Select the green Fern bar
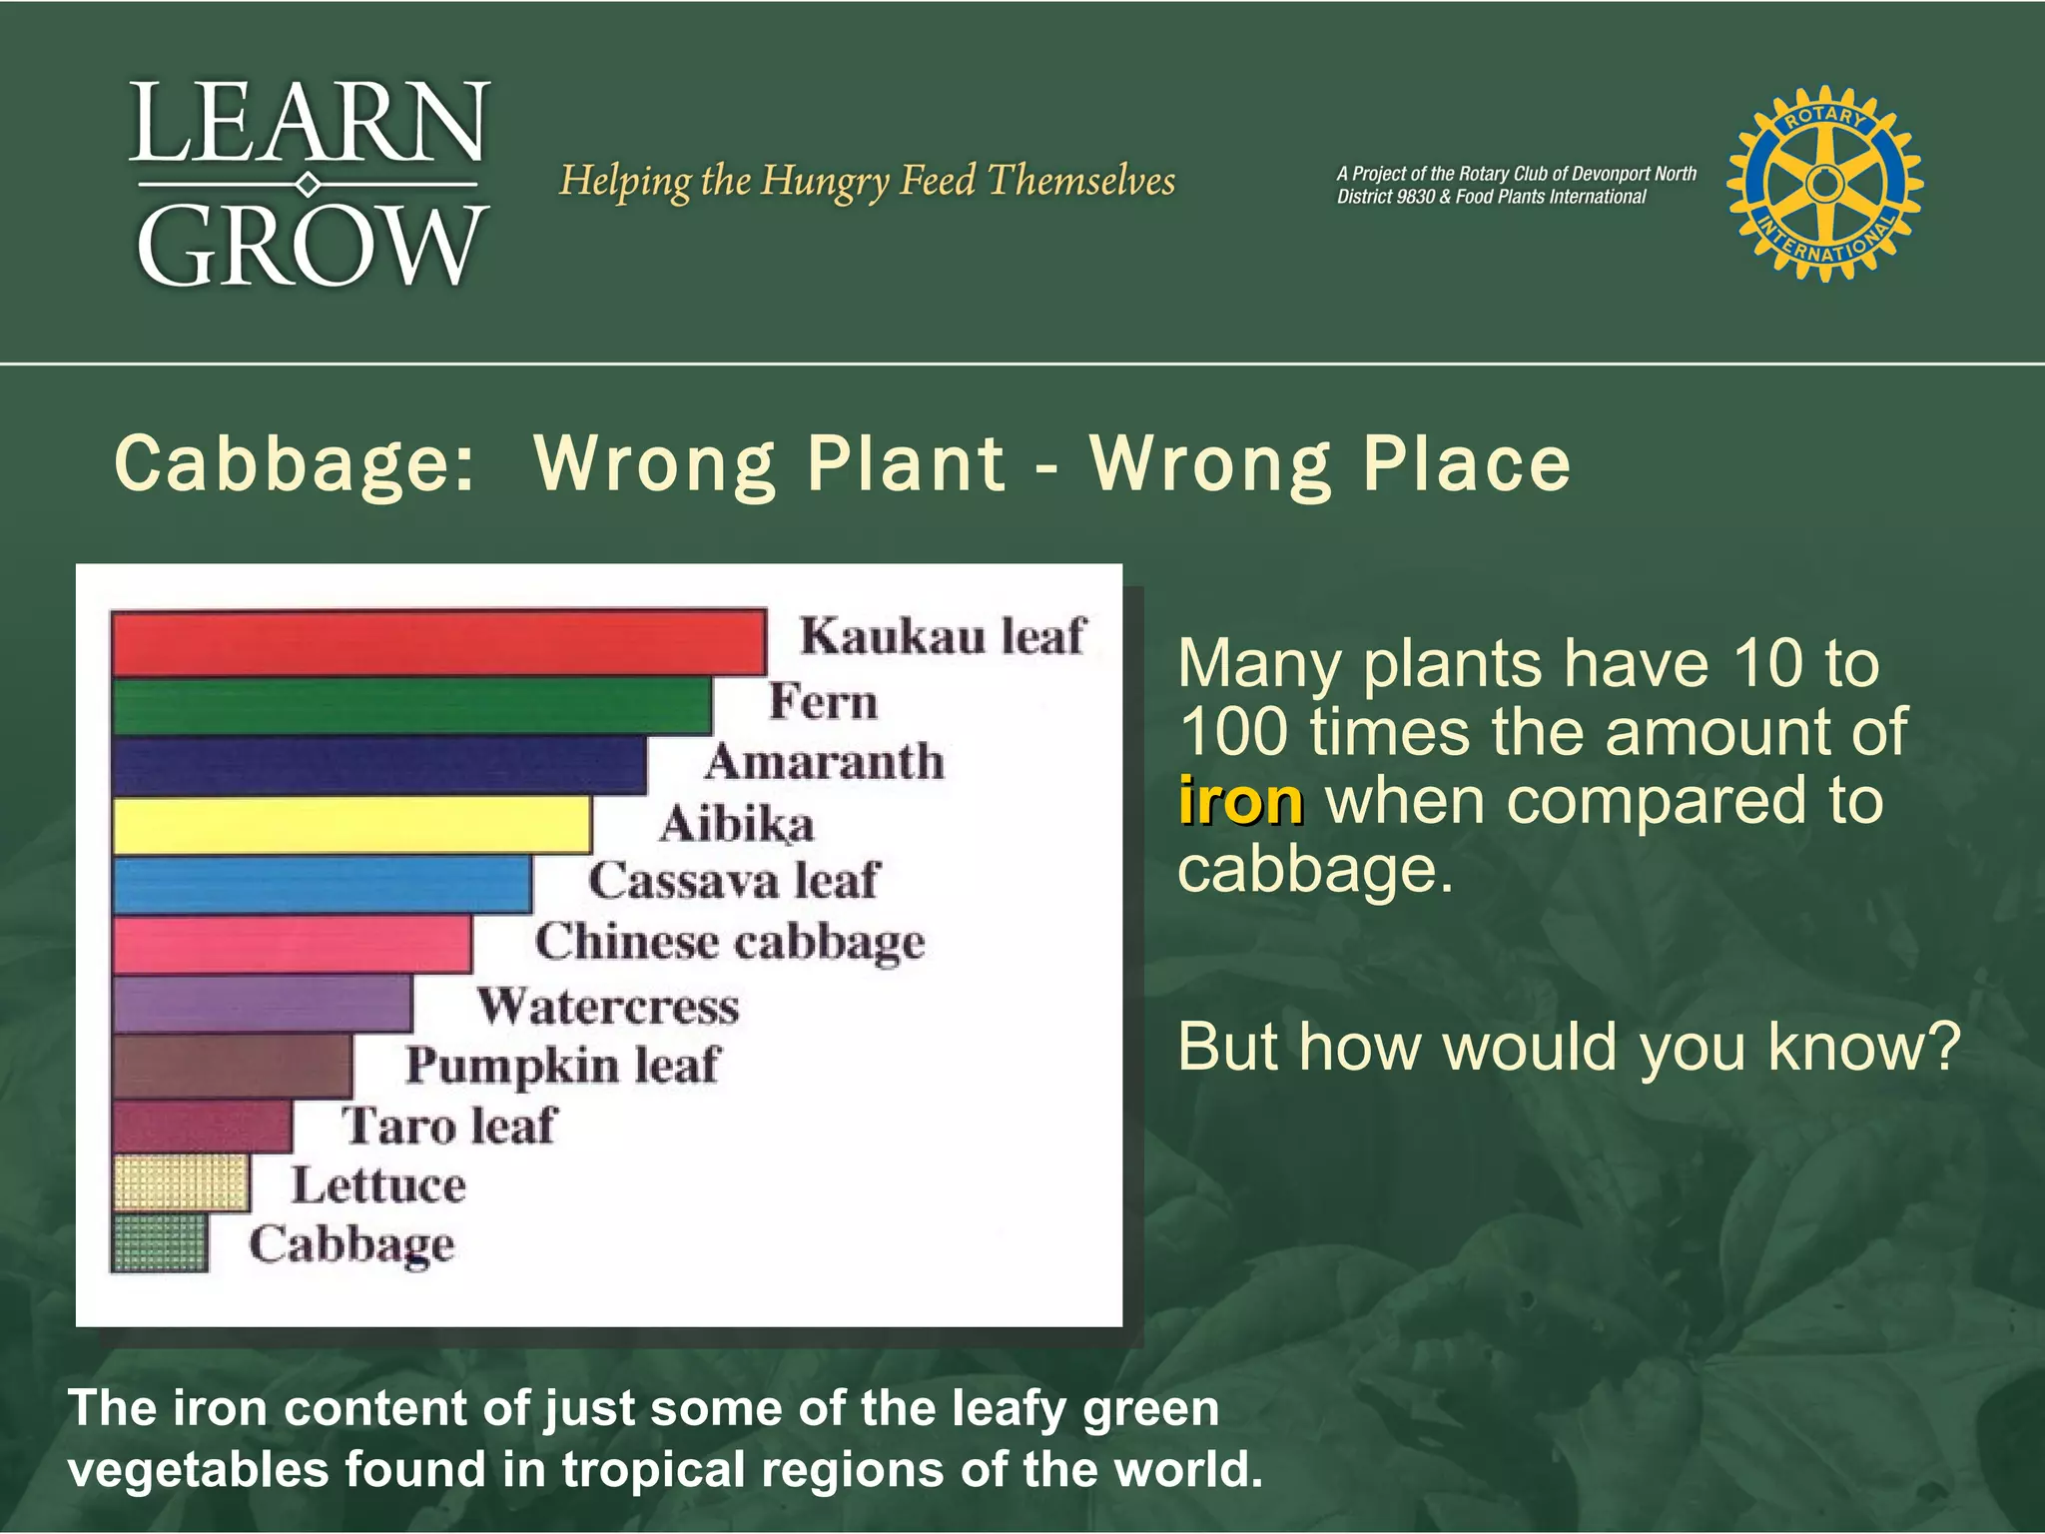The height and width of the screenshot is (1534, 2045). (x=411, y=706)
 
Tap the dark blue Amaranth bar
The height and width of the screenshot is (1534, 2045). (x=379, y=766)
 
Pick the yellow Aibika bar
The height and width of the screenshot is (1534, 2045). (x=351, y=826)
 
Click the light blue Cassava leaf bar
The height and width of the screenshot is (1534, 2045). (x=322, y=885)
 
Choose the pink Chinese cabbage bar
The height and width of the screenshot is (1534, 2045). (x=292, y=945)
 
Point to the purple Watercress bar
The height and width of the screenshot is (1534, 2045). (x=262, y=1004)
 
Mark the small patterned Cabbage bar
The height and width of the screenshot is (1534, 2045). (x=160, y=1242)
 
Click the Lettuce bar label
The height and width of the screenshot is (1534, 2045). (x=378, y=1185)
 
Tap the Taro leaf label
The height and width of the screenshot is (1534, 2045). (x=448, y=1126)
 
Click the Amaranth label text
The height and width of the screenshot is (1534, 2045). (x=824, y=762)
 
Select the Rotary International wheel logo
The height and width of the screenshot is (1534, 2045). (x=1824, y=183)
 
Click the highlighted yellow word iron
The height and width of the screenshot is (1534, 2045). (x=1240, y=801)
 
